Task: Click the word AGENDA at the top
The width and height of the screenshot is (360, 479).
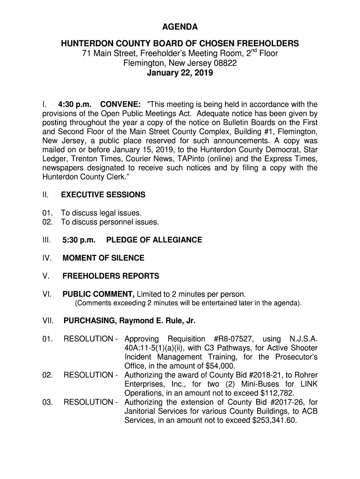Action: pyautogui.click(x=180, y=27)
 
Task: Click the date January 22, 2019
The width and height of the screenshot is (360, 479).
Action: pyautogui.click(x=180, y=73)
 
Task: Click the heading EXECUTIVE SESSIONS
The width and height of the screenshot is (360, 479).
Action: pyautogui.click(x=103, y=195)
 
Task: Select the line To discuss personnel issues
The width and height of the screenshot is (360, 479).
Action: pyautogui.click(x=110, y=222)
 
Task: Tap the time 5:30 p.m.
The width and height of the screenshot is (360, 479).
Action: pyautogui.click(x=79, y=240)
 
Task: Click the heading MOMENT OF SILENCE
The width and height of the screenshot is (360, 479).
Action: pyautogui.click(x=103, y=258)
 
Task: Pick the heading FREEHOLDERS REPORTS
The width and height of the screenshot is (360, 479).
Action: pyautogui.click(x=111, y=276)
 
